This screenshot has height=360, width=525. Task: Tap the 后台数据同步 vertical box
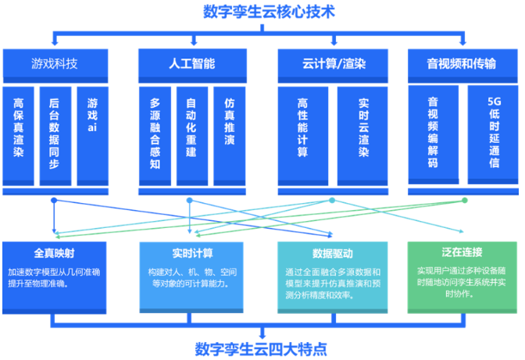pyautogui.click(x=54, y=133)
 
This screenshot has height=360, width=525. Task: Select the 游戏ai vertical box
pyautogui.click(x=93, y=117)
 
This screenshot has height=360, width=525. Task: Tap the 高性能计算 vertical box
pyautogui.click(x=302, y=129)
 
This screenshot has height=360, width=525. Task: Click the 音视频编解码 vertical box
pyautogui.click(x=432, y=133)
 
